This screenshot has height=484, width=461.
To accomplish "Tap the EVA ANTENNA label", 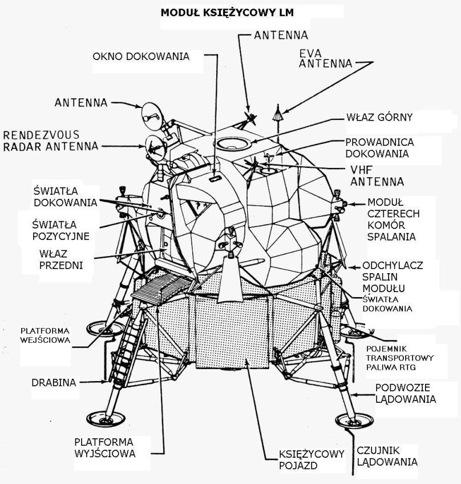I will (325, 58).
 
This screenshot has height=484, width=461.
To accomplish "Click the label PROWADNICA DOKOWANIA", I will (379, 147).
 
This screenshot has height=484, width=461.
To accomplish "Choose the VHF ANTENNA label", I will (377, 175).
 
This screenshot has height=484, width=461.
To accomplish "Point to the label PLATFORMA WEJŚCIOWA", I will (45, 335).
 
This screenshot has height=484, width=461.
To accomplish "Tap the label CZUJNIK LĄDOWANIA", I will (388, 455).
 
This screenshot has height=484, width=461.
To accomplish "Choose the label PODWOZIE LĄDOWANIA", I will (405, 393).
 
